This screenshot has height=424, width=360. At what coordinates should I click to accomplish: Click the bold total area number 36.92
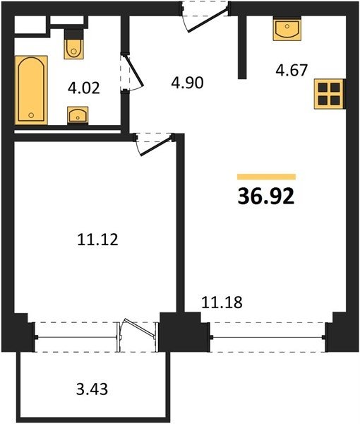coord(265,196)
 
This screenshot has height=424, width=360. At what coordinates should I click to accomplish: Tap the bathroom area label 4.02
coord(84,88)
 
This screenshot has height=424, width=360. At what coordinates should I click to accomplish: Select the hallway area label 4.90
coord(187,83)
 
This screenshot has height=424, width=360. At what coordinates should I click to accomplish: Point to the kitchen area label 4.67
coord(292,70)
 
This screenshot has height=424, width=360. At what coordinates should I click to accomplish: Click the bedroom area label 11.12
coord(97,240)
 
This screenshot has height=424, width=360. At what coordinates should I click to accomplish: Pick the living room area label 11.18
coord(222,302)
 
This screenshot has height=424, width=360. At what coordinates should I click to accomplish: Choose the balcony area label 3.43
coord(92,389)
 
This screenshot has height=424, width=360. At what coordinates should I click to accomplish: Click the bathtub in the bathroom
coord(31,90)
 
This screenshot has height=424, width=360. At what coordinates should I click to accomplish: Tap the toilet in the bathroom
coord(73,44)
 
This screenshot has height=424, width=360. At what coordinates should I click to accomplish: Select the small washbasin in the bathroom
coord(78,115)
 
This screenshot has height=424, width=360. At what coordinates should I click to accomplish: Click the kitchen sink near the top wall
coord(287,28)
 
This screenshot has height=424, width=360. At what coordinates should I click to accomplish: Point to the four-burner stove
coord(329,94)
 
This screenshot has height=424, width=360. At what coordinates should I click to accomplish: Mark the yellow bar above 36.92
coord(266,177)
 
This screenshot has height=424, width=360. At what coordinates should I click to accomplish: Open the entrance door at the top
coord(208,20)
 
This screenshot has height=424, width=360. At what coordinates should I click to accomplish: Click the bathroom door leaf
coord(133,71)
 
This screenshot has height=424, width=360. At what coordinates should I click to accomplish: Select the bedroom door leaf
coord(156,147)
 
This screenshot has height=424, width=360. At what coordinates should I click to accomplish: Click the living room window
coord(268,337)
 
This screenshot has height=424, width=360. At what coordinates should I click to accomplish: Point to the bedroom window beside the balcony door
coord(76,337)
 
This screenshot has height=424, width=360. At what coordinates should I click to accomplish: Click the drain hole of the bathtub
coord(31,115)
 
